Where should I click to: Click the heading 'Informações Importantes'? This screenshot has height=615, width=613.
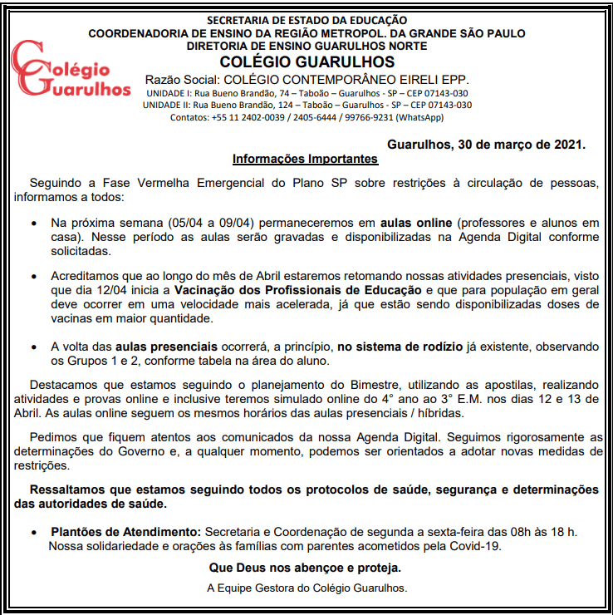coord(305,159)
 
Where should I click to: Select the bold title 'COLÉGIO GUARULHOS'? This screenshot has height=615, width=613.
coord(306,62)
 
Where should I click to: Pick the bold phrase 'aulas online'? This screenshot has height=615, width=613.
coord(416,224)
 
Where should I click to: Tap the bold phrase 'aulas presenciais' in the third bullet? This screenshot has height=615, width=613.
coord(166,345)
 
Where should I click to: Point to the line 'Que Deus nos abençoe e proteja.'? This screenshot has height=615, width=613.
coord(306,568)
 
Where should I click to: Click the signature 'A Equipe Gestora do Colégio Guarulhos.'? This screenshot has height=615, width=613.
coord(306,588)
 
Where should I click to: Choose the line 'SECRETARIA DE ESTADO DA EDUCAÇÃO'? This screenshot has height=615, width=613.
coord(306,19)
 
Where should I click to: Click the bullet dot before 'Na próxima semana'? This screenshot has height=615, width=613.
coord(33,224)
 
